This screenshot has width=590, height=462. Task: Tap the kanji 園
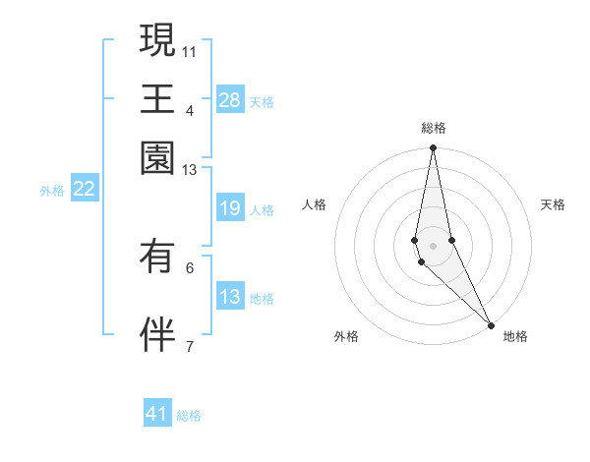[157, 157]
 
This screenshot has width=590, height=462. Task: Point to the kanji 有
[157, 258]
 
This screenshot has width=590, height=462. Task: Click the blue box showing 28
[230, 100]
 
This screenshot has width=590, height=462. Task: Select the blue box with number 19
[230, 208]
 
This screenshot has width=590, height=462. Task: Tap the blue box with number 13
[230, 297]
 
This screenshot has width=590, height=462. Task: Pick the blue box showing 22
[84, 189]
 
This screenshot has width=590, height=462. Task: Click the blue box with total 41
[157, 414]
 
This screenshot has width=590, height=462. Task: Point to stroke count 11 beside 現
[189, 50]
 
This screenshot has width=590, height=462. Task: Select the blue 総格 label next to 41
[189, 416]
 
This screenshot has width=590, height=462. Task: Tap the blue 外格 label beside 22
[52, 191]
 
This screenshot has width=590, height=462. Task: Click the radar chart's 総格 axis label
[433, 128]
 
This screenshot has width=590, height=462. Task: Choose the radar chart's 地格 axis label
[515, 336]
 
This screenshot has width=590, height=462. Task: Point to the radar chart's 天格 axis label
[553, 204]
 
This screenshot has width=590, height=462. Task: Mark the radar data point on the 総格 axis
[433, 149]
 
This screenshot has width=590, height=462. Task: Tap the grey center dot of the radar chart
[433, 246]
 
